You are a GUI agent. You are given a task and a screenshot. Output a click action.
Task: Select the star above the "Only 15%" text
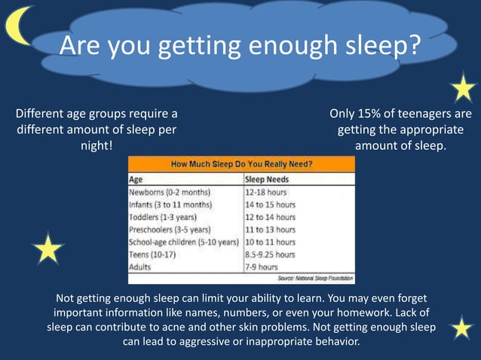[462, 88]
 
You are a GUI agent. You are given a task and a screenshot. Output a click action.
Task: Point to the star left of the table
[48, 248]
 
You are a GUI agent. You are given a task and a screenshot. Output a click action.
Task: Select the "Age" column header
[136, 180]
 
